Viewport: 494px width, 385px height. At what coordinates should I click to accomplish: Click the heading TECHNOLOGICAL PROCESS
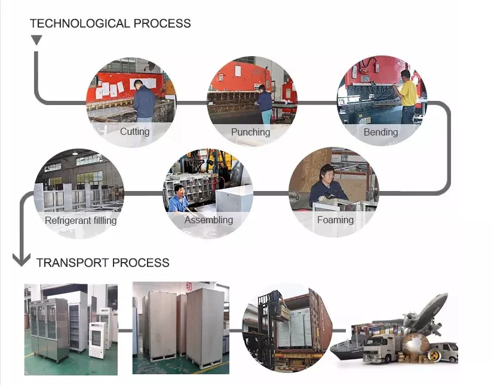(x=110, y=24)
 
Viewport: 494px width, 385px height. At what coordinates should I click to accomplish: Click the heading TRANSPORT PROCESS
(x=103, y=263)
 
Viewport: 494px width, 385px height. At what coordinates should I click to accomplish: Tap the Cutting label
(x=134, y=131)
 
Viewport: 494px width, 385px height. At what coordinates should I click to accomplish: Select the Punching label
(x=250, y=132)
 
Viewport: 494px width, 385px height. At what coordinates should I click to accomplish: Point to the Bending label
(x=381, y=132)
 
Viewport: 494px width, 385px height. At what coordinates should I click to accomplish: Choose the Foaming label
(x=335, y=220)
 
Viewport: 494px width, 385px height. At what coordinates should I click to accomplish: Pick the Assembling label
(x=208, y=220)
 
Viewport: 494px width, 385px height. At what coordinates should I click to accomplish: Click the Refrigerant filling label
(x=81, y=220)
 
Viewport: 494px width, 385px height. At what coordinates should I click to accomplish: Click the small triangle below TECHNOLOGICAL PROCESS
(x=36, y=41)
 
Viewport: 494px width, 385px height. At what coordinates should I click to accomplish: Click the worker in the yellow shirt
(x=407, y=96)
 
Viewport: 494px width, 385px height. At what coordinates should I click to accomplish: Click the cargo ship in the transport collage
(x=349, y=349)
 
